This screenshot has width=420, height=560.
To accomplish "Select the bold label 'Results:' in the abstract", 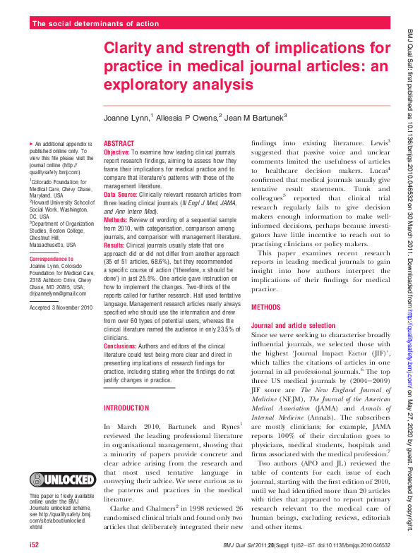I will coord(115,245).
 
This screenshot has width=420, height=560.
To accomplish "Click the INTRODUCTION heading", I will coord(126,408).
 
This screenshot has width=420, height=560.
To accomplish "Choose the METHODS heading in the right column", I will coord(266,308).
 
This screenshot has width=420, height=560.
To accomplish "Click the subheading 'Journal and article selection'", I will coord(294,325).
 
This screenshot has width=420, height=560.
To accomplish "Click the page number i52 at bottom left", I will coord(35,546).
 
